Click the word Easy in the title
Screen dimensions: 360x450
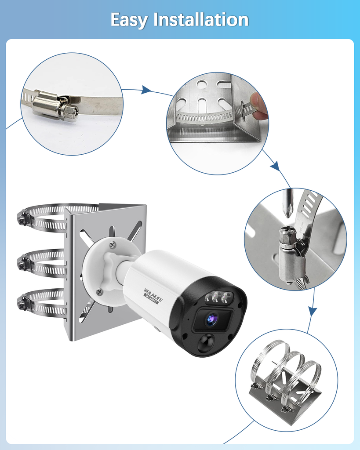[129, 20]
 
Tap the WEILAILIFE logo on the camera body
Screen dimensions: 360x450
[153, 296]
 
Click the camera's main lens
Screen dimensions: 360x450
[212, 319]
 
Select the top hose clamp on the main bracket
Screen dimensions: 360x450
[43, 217]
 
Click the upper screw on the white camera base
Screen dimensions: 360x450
[113, 244]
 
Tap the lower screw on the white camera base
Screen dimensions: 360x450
[100, 291]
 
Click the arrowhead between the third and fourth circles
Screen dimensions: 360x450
[313, 311]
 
